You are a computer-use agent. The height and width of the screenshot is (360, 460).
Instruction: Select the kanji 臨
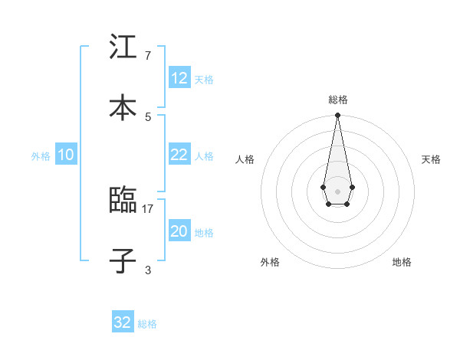(123, 201)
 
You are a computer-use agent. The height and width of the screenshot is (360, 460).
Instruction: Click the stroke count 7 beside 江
(148, 55)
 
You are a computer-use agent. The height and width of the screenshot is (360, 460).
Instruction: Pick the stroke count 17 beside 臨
(148, 208)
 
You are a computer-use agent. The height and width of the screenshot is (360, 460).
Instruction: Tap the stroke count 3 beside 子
(148, 270)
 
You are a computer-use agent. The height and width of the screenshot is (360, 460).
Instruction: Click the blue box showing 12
(179, 78)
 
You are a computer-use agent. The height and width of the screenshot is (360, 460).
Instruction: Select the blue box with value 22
(179, 155)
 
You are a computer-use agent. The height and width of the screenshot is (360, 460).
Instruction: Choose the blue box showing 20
(179, 231)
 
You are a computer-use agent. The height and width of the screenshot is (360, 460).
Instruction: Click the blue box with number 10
(66, 155)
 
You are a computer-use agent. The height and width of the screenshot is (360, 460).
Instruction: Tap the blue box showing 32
(123, 322)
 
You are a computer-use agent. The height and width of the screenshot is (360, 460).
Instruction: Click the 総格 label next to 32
(147, 324)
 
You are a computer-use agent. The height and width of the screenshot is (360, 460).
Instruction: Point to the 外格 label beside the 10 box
(41, 156)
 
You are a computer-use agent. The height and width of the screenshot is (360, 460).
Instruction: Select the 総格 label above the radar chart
(338, 100)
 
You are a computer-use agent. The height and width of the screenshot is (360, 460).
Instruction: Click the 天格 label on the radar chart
(431, 159)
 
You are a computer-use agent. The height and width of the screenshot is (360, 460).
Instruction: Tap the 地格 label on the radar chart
(402, 262)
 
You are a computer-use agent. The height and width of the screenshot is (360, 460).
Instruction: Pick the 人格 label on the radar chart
(245, 159)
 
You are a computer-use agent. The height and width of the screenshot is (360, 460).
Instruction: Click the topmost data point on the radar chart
(337, 116)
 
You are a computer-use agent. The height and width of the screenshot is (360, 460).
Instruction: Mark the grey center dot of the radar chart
(337, 191)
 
